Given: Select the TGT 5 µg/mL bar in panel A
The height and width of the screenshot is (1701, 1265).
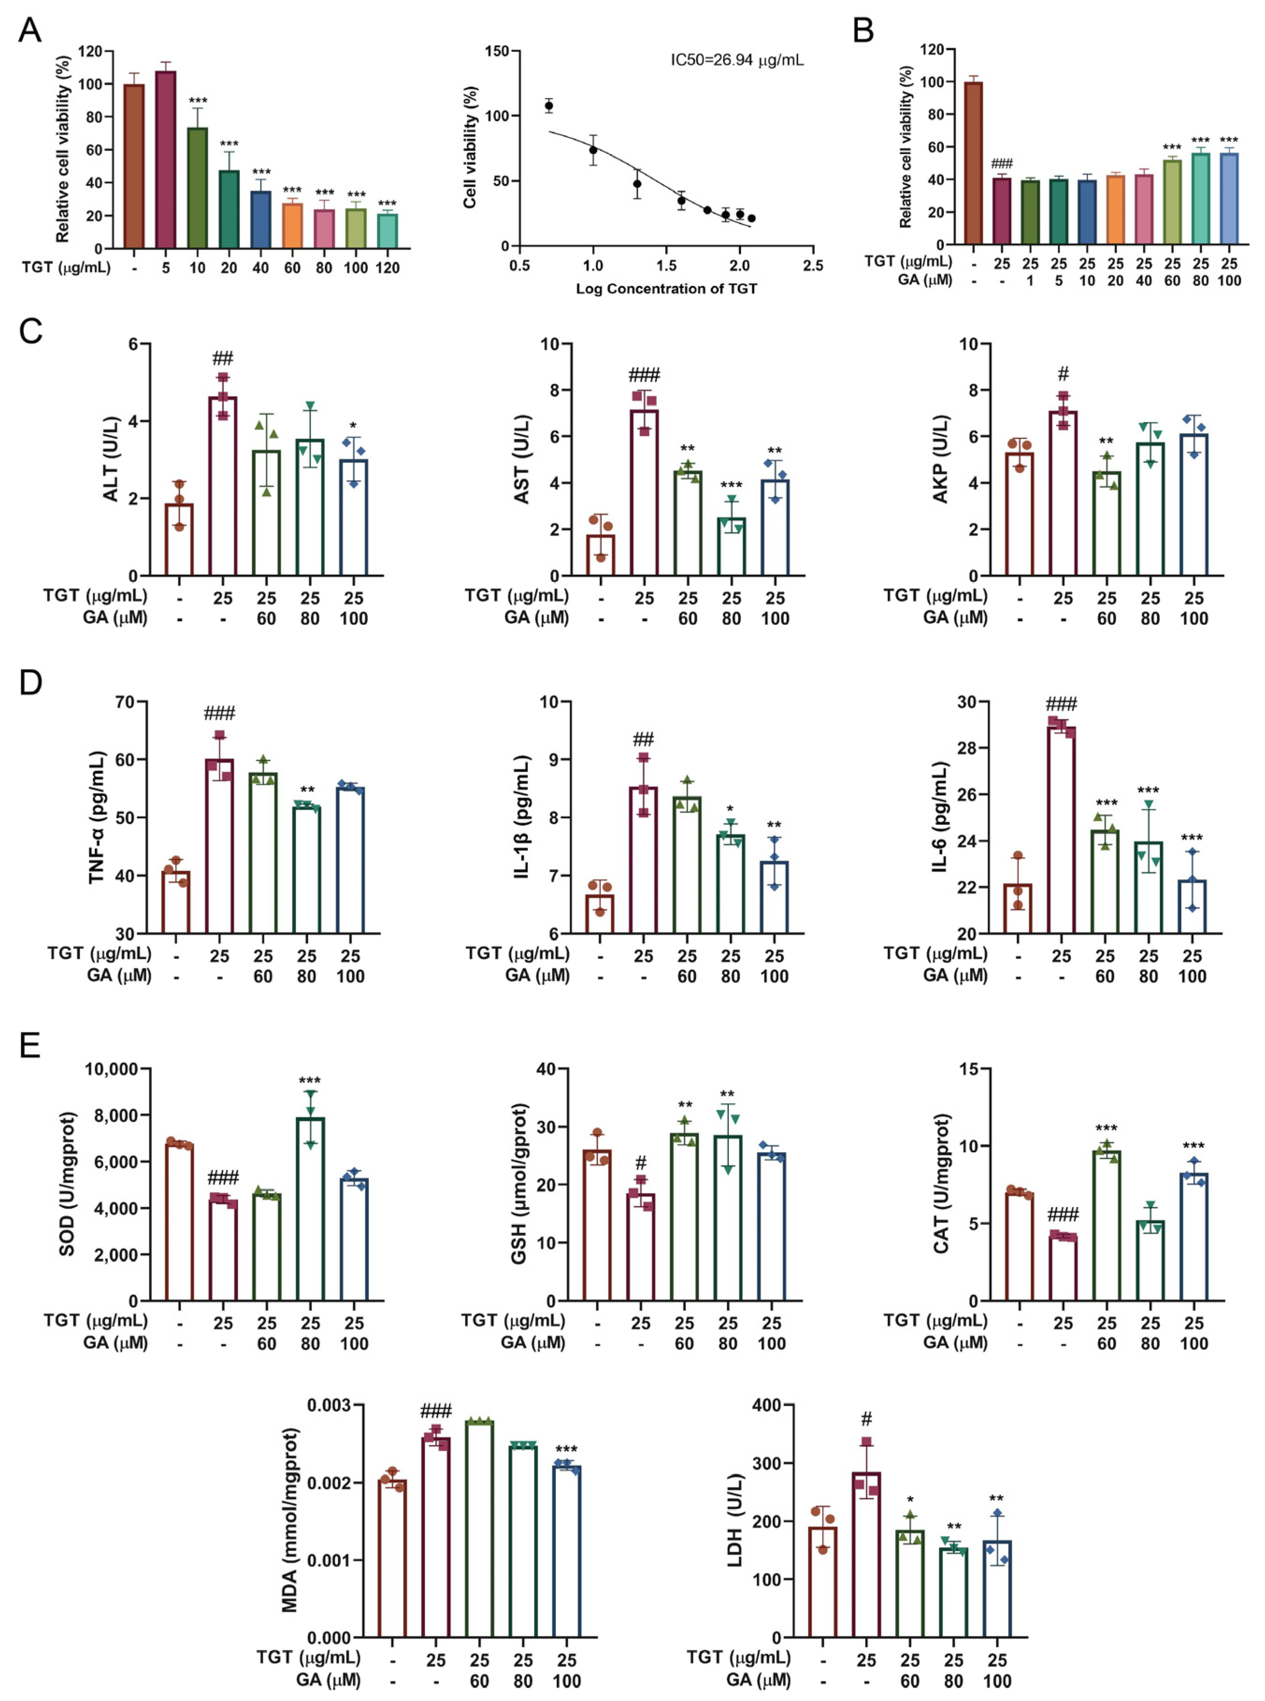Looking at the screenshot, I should (165, 161).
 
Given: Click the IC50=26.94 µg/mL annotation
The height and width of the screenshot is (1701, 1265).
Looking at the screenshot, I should (737, 60).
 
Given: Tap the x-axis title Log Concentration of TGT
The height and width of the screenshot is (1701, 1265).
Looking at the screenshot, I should (666, 289).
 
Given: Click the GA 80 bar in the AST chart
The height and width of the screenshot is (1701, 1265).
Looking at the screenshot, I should (731, 547).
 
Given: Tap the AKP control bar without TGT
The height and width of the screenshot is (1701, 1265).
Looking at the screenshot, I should (1019, 514).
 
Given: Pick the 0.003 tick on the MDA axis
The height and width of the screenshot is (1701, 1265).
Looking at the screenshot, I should (329, 1406).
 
